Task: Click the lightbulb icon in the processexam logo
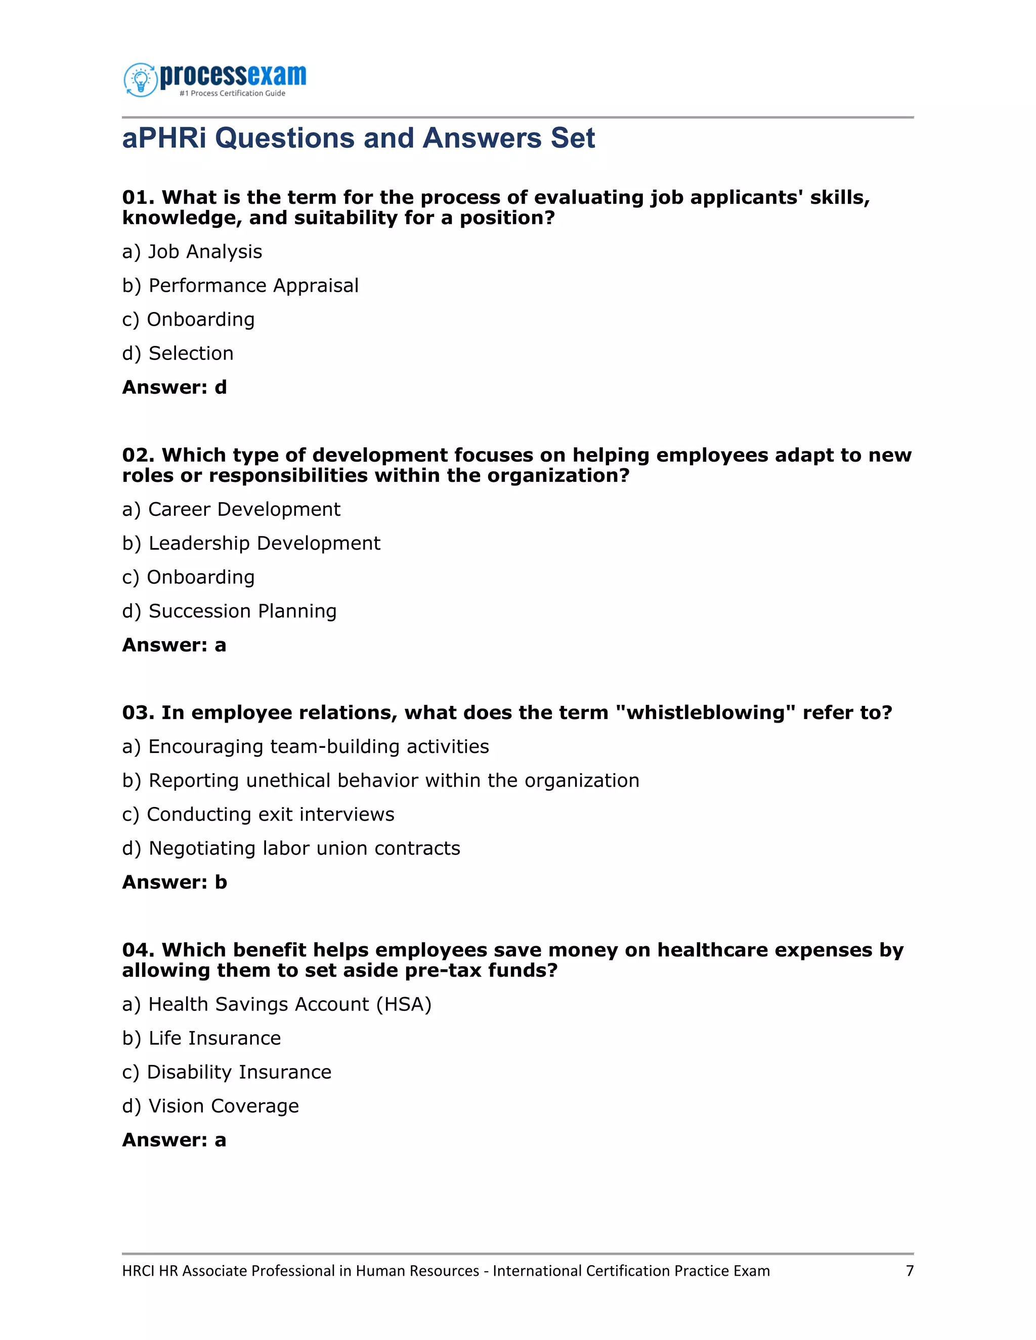coord(141,79)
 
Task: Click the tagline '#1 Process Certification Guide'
coord(232,93)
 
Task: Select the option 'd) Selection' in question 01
coord(178,353)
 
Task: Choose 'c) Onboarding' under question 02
coord(188,577)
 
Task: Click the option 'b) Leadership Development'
coord(251,544)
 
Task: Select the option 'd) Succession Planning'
coord(230,611)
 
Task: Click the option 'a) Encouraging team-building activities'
coord(306,747)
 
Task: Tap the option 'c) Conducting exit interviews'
coord(258,814)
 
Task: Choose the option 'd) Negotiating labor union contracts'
coord(291,848)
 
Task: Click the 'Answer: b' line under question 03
coord(175,882)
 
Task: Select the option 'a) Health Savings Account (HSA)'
coord(277,1004)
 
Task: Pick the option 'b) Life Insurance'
coord(201,1038)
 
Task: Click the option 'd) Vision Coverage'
coord(210,1106)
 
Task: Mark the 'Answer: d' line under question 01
coord(175,388)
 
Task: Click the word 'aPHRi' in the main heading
coord(164,138)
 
